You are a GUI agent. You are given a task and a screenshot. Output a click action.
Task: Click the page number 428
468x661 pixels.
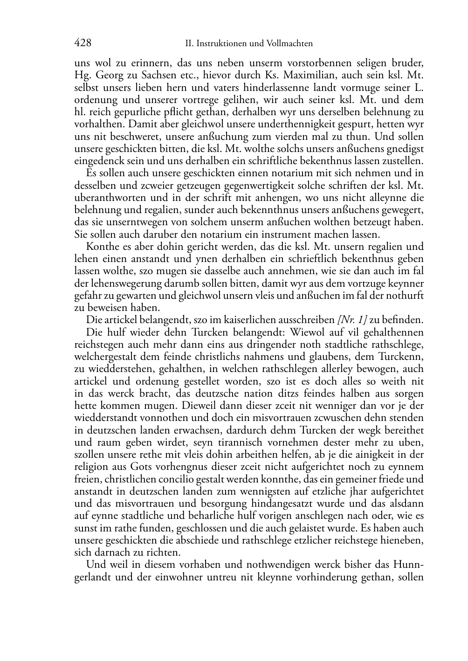click(83, 43)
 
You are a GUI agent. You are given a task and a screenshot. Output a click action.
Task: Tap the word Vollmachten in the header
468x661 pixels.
click(289, 44)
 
